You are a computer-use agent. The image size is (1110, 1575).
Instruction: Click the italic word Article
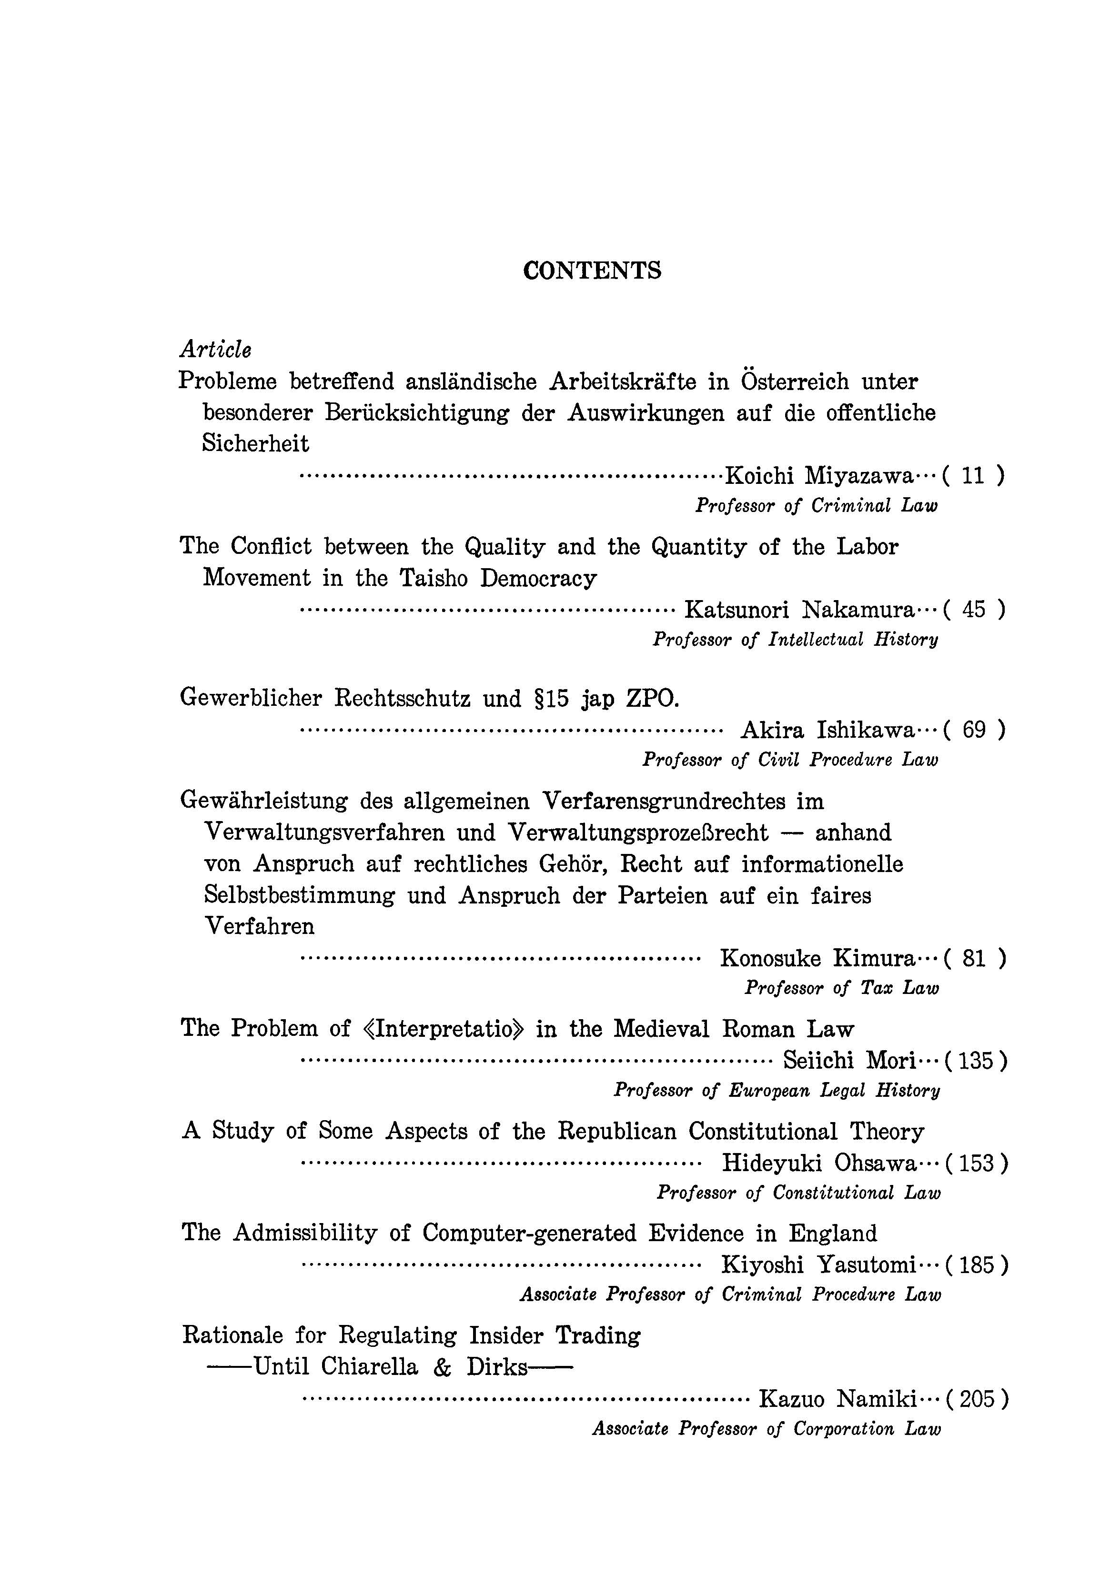pos(215,350)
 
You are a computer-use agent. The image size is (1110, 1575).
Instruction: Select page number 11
pos(973,475)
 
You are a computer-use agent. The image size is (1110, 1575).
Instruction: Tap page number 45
pos(973,609)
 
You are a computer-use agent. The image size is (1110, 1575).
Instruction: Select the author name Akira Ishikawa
pos(827,730)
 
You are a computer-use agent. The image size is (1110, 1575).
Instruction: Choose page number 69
pos(973,730)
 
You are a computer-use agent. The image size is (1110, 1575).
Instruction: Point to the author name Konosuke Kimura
pos(817,958)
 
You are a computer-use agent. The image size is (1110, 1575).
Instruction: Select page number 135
pos(976,1061)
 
